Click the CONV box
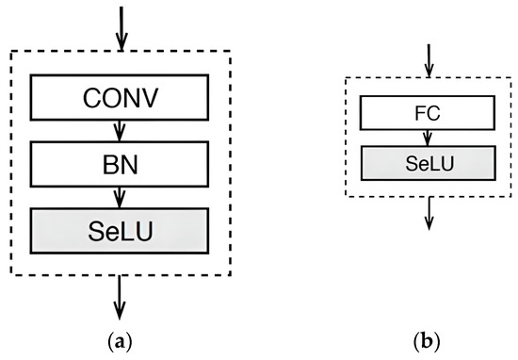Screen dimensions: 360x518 (x=119, y=98)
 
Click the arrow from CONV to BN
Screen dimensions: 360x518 (x=119, y=131)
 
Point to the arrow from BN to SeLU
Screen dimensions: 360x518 (x=119, y=197)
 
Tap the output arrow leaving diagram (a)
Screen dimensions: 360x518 (x=119, y=298)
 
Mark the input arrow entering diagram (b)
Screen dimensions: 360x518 (x=429, y=58)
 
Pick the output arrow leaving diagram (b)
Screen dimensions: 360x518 (x=429, y=212)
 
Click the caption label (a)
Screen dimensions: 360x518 (x=119, y=338)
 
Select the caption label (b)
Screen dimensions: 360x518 (x=429, y=338)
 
